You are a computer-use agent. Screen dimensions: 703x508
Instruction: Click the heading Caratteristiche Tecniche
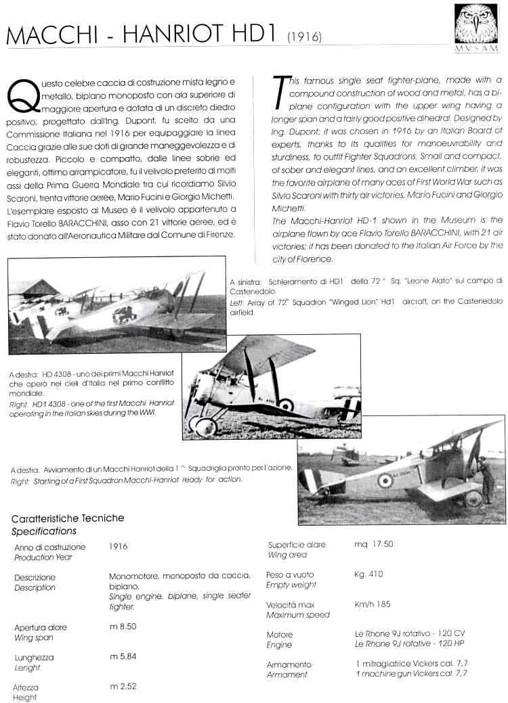coord(68,518)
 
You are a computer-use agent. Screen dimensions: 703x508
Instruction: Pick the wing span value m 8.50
coord(123,627)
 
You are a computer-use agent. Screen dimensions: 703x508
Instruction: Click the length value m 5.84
coord(123,656)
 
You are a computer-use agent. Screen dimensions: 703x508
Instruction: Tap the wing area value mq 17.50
coord(374,544)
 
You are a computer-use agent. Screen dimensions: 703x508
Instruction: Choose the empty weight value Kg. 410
coord(368,574)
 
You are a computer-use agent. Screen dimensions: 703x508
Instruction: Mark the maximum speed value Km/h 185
coord(373,604)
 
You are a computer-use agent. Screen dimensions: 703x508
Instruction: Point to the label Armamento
coord(289,664)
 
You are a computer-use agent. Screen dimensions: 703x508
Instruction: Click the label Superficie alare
coord(297,545)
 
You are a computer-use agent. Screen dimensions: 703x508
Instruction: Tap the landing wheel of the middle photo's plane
coord(206,426)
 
